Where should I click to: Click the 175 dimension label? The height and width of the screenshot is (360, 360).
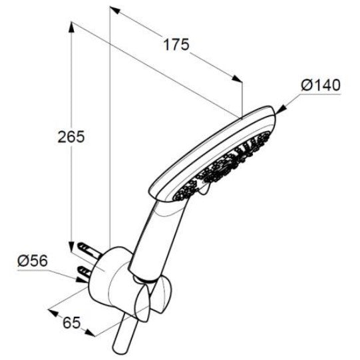tap(176, 45)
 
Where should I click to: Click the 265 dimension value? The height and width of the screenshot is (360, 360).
tap(71, 137)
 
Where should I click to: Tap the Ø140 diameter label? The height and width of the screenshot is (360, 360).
tap(321, 85)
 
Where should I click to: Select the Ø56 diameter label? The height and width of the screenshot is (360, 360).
tap(33, 261)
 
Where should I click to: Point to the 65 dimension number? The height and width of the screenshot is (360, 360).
tap(72, 323)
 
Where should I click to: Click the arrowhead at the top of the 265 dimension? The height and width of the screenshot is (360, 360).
tap(71, 27)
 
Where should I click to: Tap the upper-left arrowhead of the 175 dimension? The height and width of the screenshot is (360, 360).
tap(115, 10)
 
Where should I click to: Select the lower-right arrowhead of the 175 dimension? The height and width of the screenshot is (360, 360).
tap(237, 79)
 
